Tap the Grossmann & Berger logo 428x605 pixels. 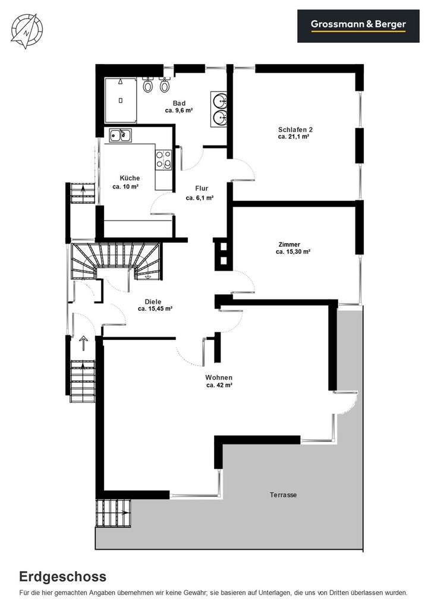click(358, 25)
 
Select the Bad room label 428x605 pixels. click(179, 103)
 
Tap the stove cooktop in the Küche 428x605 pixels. click(163, 159)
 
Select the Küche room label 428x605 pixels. click(130, 178)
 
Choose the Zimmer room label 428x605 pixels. click(289, 244)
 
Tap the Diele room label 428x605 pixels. click(153, 301)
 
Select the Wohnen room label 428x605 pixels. click(219, 377)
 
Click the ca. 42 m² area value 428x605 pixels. click(219, 385)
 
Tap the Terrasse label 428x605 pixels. click(283, 494)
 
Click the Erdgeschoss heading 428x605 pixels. click(63, 576)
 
